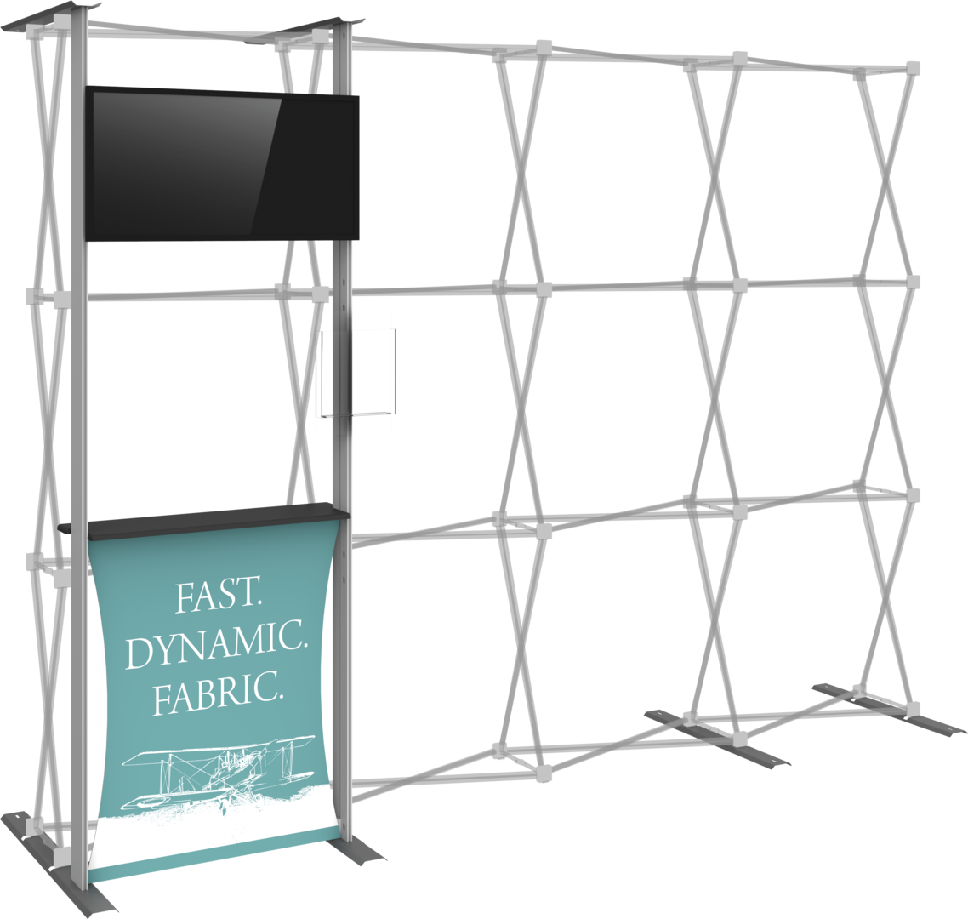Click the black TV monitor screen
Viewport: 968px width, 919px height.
(x=222, y=163)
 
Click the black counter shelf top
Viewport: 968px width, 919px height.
(x=204, y=517)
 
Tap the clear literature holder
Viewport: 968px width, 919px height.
(x=357, y=372)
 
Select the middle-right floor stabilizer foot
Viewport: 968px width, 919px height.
(x=717, y=738)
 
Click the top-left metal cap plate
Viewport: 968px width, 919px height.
(x=49, y=17)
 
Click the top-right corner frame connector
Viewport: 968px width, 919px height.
(x=913, y=68)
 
